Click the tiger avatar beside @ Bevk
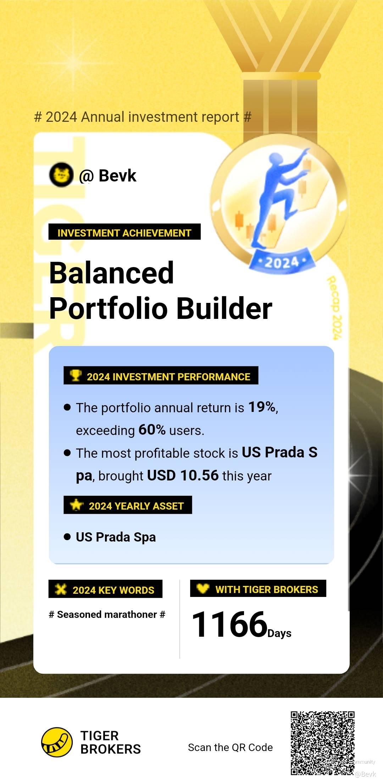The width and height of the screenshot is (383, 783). point(61,175)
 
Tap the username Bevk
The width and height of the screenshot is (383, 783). point(117,175)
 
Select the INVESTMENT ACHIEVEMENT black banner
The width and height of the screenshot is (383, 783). point(124,232)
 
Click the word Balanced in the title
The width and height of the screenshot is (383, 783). point(111,273)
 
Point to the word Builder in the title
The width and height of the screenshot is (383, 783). point(224,308)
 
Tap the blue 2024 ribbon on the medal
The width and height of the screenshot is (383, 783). point(282,262)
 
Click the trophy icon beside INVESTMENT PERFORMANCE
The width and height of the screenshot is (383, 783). point(75,375)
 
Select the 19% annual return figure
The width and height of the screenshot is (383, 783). point(262,407)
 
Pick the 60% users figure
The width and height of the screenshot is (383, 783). point(152,430)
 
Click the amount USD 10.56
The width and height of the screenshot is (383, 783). point(183,475)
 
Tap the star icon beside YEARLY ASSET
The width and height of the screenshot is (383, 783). point(76,505)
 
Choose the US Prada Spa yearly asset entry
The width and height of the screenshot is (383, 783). point(116,537)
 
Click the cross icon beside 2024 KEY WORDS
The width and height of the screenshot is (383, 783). point(61,589)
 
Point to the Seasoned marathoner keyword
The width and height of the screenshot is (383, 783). point(107,614)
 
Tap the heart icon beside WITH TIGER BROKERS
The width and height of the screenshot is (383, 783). point(203,588)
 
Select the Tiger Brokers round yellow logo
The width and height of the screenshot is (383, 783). point(57,742)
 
